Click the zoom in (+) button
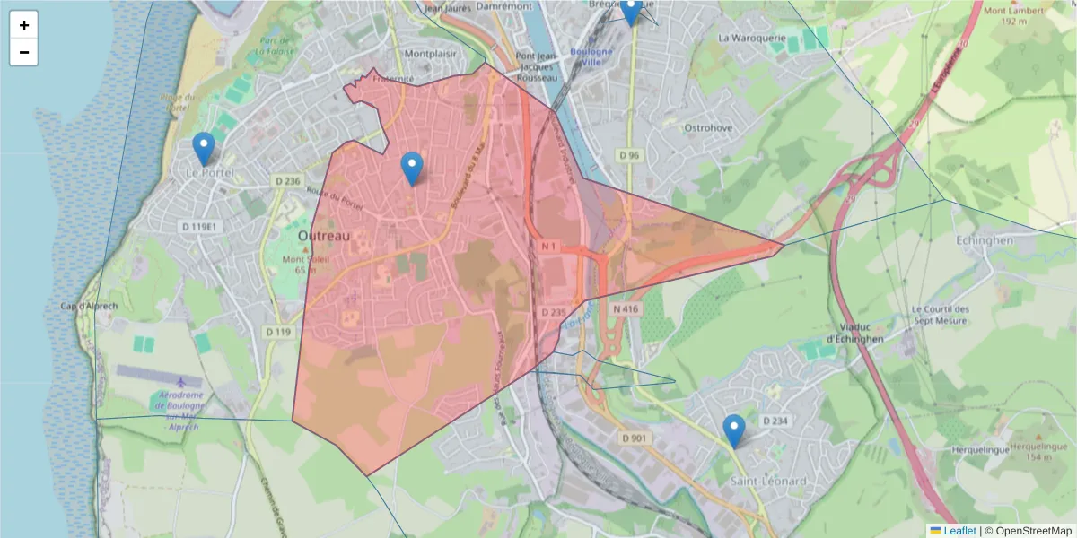click(24, 25)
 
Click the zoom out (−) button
click(24, 52)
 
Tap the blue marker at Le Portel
click(204, 149)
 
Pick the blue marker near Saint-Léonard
click(734, 431)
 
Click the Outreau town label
click(323, 235)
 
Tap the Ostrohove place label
click(709, 128)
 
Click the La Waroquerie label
click(752, 39)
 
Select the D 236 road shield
click(287, 181)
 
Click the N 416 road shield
click(626, 308)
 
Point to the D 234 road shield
click(775, 421)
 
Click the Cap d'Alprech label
click(90, 306)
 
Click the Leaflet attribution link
click(959, 531)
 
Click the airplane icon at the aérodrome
click(183, 382)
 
